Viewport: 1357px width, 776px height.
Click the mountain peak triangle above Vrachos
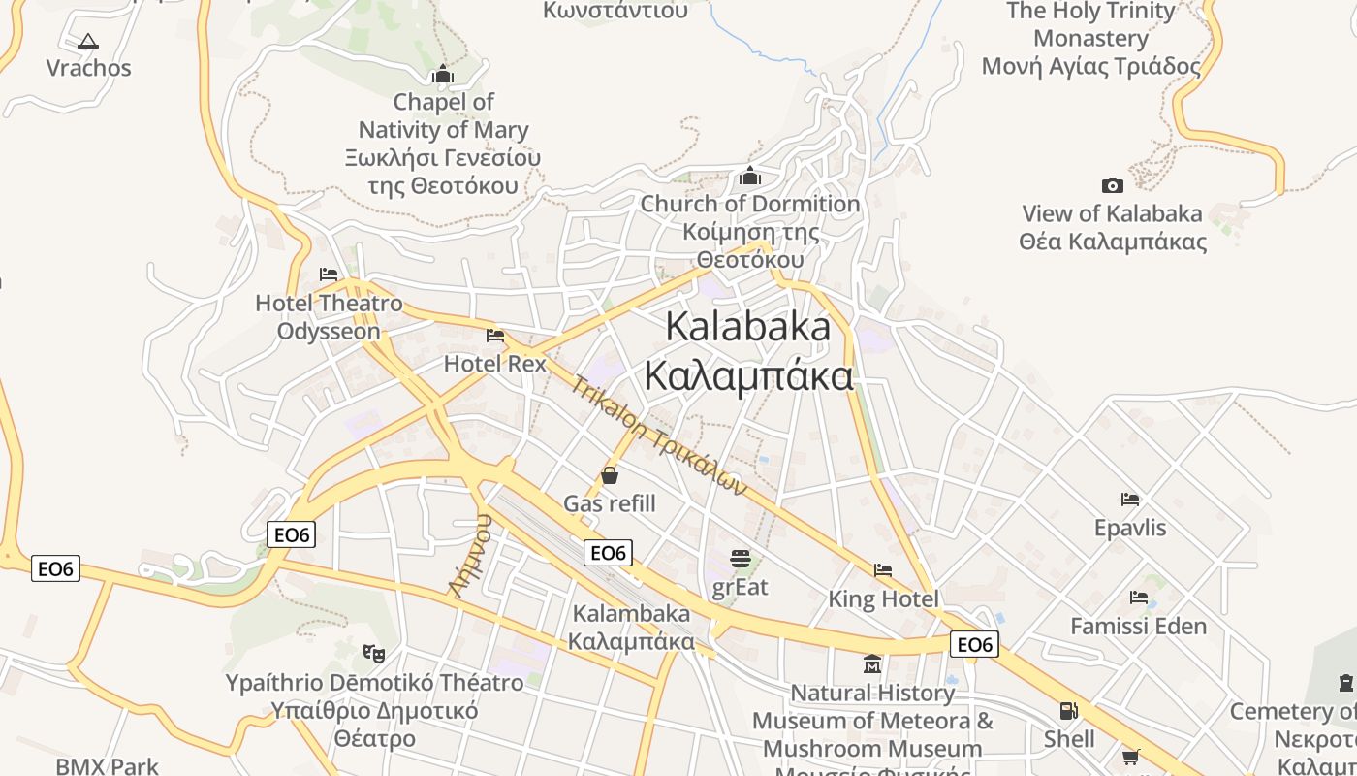88,41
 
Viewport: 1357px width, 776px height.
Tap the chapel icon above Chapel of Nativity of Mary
443,75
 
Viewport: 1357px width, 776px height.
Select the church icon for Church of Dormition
750,177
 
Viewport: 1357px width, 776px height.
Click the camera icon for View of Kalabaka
1113,185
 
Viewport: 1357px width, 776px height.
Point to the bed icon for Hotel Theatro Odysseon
329,275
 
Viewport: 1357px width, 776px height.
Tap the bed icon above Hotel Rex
495,336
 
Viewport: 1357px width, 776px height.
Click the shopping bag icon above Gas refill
610,475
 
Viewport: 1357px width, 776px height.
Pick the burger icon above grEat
741,559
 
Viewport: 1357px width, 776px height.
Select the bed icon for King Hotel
882,570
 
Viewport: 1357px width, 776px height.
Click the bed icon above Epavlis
1129,500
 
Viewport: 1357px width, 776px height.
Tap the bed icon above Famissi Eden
1139,598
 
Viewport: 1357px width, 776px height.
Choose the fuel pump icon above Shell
1068,711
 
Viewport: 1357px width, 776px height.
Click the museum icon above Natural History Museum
872,664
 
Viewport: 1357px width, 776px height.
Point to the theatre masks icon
374,653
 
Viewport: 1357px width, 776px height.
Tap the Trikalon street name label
659,436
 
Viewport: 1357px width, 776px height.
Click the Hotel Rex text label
495,364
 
